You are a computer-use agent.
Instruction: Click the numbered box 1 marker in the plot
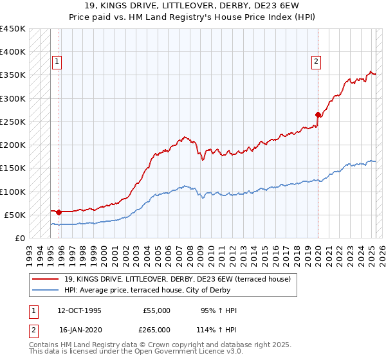click(57, 62)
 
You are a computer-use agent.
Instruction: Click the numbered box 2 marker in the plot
click(317, 62)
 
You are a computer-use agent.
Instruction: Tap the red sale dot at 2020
click(318, 115)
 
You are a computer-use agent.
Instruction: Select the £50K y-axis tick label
click(15, 215)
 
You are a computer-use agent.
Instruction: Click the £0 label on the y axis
click(20, 238)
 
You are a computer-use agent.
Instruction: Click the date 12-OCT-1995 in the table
click(79, 310)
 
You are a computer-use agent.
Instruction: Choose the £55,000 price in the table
click(156, 310)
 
